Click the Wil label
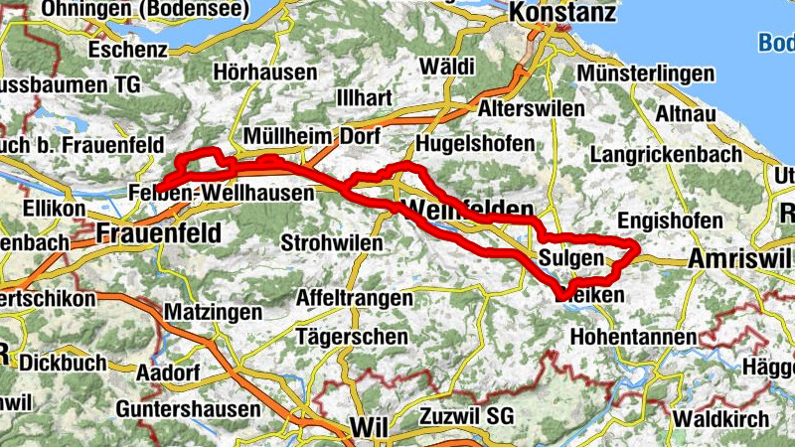366,427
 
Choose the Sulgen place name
571,259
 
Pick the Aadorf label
168,372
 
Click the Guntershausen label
188,409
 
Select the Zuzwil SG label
470,414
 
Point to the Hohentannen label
634,338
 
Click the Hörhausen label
265,73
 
